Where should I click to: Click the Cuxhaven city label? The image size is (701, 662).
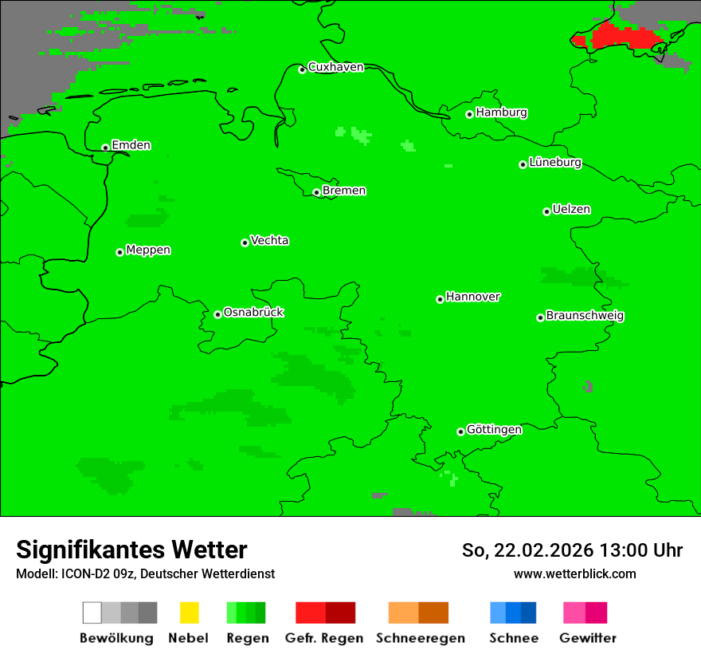point(335,67)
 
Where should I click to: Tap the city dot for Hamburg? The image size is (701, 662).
point(470,114)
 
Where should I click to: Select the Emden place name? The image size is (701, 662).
point(131,145)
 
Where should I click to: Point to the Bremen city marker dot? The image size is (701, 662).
point(316,192)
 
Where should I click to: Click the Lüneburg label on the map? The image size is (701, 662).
point(555,163)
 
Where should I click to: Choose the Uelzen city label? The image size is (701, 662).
point(571,210)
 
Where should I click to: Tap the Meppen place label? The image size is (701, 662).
point(148,250)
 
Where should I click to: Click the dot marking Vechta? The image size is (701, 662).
point(245,242)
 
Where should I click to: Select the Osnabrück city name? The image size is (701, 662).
point(253,313)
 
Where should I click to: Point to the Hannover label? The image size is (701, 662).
point(472,297)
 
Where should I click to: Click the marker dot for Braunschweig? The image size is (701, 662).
point(540,317)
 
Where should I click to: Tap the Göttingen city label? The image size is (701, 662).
point(494,430)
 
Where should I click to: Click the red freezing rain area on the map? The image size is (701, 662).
point(621,37)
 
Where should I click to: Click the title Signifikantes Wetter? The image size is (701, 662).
point(131,550)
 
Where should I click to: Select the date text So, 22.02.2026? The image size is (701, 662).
point(527,550)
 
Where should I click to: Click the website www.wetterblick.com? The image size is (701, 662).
point(574,573)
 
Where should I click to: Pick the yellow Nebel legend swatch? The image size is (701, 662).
point(189,613)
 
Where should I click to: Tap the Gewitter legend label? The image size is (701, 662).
point(587,638)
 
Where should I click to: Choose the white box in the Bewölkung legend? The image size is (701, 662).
point(92,613)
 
